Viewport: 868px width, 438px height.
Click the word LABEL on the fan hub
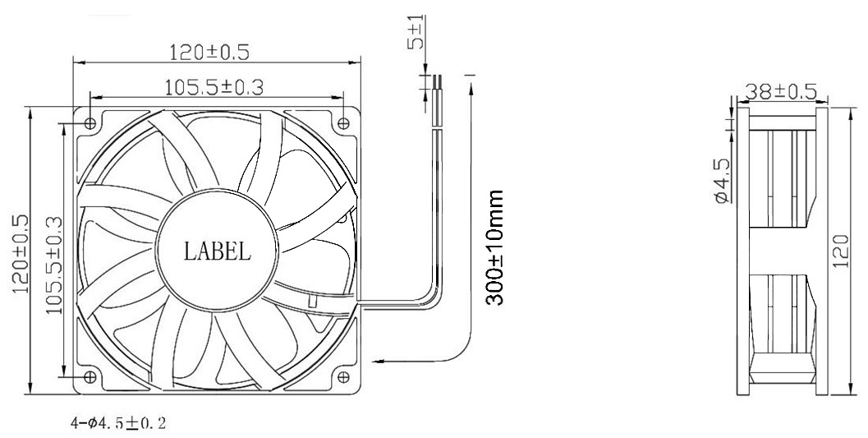(x=217, y=251)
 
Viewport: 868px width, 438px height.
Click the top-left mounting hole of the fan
(x=90, y=122)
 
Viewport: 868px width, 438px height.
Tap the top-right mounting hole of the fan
(x=343, y=122)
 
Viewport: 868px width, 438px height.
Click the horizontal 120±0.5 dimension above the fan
(x=209, y=52)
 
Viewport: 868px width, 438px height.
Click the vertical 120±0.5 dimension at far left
(x=18, y=251)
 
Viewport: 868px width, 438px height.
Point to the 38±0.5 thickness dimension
(x=781, y=91)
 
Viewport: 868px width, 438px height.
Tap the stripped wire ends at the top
(x=438, y=82)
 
